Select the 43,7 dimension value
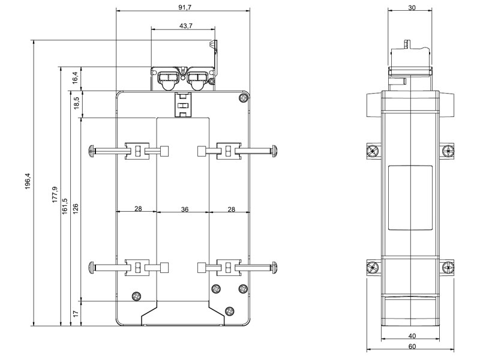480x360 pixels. pyautogui.click(x=186, y=25)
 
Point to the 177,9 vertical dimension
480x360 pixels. pyautogui.click(x=55, y=193)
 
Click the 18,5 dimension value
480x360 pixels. pyautogui.click(x=75, y=104)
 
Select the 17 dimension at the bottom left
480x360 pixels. pyautogui.click(x=75, y=313)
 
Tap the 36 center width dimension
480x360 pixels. pyautogui.click(x=185, y=209)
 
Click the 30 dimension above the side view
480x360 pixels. pyautogui.click(x=411, y=8)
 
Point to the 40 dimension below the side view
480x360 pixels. pyautogui.click(x=411, y=336)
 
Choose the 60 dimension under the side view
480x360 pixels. pyautogui.click(x=411, y=346)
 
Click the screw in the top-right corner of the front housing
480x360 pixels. pyautogui.click(x=242, y=98)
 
